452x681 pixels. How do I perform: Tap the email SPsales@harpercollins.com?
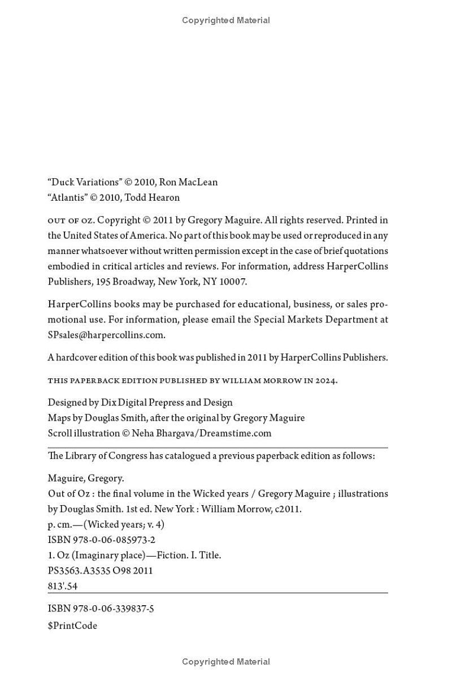click(x=106, y=334)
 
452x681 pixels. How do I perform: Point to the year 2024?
click(x=326, y=381)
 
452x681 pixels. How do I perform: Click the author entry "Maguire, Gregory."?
click(x=86, y=479)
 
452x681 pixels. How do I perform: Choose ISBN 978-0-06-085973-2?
click(x=102, y=540)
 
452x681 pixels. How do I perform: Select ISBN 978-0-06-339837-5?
click(x=101, y=609)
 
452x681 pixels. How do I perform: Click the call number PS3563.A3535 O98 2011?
click(x=100, y=571)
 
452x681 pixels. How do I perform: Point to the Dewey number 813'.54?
click(x=63, y=586)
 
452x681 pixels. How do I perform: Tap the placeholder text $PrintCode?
click(x=72, y=626)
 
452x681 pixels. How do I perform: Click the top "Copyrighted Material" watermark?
click(x=226, y=20)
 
